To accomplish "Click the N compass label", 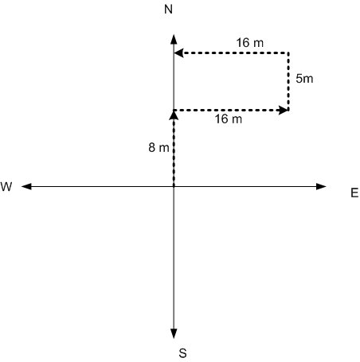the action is pos(169,10).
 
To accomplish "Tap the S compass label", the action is pos(182,353).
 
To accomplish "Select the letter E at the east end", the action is pos(354,193).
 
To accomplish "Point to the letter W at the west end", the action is pos(6,187).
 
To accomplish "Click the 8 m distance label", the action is pos(158,147).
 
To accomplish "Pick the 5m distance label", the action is pos(304,79).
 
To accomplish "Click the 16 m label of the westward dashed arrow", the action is pos(250,43).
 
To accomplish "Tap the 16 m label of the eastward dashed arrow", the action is pos(229,119).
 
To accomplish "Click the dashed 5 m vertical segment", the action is pos(288,81).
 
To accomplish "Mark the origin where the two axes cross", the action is pos(174,186).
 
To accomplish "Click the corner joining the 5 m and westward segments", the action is pos(288,53).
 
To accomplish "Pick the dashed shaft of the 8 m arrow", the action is pos(174,153).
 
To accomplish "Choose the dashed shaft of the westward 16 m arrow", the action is pos(236,53).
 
